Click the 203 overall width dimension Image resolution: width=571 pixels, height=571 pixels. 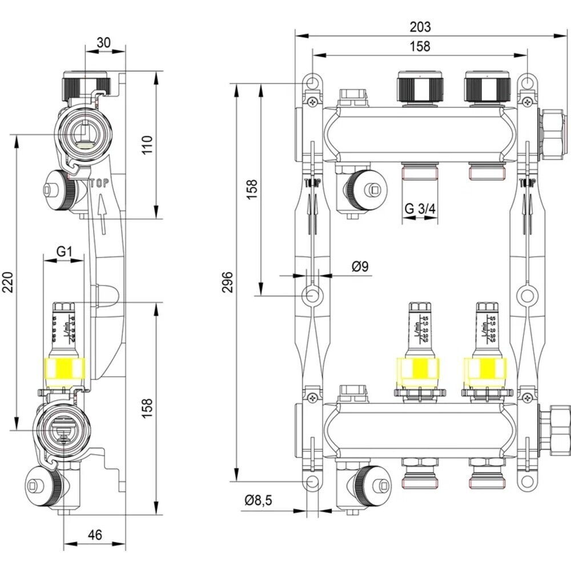[420, 26]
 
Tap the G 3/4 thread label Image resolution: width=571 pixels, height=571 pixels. [420, 209]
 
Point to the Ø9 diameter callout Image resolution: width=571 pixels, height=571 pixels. [360, 266]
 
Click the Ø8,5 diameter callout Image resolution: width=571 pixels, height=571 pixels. [259, 500]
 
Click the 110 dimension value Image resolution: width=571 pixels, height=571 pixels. [147, 145]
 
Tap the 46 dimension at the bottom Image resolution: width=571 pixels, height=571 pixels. [95, 535]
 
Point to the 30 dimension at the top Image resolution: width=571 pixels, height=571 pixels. [104, 43]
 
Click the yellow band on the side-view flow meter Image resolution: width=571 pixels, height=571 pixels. [64, 369]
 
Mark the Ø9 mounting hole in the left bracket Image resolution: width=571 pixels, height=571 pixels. [312, 296]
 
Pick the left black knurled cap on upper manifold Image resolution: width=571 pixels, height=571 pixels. [420, 88]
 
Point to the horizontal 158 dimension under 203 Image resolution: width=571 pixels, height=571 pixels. [420, 47]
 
